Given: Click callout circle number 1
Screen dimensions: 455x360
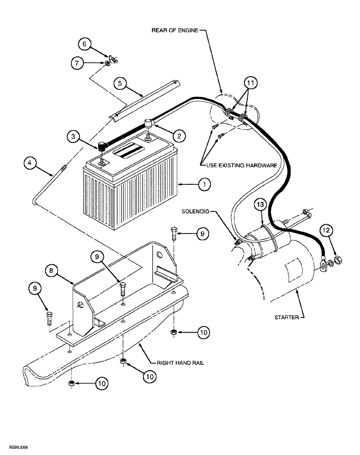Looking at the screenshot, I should tap(205, 184).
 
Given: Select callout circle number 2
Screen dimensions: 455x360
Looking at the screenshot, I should tap(180, 135).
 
